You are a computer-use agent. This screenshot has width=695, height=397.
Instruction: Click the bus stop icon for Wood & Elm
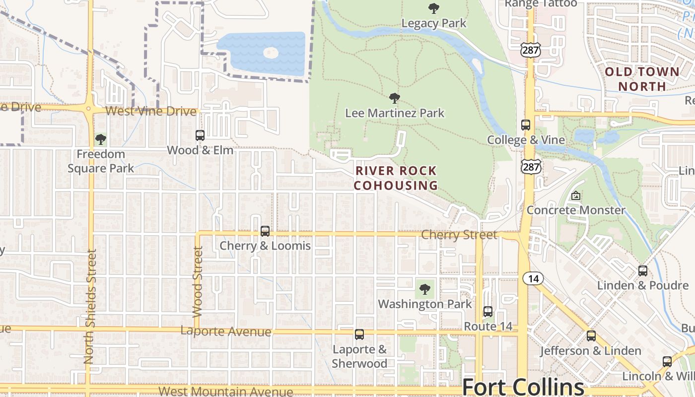coord(200,135)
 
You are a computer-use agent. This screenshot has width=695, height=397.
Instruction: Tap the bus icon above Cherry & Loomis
coord(265,231)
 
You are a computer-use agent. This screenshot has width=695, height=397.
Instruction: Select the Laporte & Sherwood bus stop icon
coord(359,334)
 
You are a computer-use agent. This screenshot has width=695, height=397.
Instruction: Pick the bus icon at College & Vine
coord(526,125)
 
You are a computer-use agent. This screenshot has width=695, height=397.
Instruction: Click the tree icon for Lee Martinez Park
coord(395,98)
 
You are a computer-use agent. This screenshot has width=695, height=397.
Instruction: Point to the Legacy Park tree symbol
coord(433,8)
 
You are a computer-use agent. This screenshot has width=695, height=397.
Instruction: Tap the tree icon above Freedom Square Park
coord(101,139)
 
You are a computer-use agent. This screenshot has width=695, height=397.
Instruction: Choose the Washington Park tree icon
coord(424,289)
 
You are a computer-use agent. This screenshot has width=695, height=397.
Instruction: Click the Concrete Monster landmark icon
coord(576,196)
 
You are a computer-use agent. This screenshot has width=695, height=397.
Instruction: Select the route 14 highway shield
coord(533,278)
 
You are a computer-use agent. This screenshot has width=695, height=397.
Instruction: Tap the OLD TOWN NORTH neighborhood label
coord(642,79)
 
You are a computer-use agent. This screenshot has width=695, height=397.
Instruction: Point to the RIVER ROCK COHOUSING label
coord(396,178)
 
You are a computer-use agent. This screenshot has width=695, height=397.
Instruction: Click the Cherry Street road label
coord(459,234)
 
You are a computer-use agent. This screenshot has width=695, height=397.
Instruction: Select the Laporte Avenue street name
coord(226,331)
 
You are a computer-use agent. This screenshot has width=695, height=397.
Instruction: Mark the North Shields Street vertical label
coord(89,306)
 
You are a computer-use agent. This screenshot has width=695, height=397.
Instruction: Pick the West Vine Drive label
coord(151,111)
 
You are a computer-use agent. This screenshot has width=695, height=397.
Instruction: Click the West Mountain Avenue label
coord(226,392)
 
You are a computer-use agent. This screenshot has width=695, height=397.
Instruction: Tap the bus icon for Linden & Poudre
coord(643,271)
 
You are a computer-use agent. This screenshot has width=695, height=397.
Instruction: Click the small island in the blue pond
coord(271,53)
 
